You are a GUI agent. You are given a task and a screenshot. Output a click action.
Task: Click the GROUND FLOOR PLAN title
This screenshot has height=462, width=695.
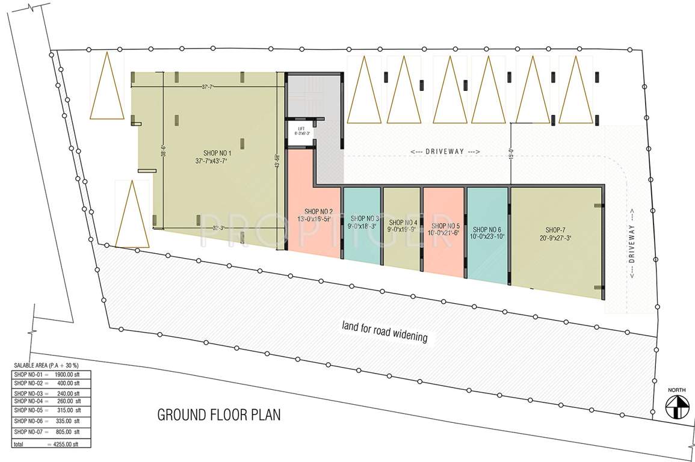pos(219,415)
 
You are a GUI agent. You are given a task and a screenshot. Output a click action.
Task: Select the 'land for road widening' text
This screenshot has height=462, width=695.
pos(385,331)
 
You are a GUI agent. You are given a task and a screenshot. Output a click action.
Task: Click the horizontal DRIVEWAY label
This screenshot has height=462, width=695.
pos(445,152)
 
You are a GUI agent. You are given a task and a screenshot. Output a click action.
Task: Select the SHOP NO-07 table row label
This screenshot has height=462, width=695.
pos(28,432)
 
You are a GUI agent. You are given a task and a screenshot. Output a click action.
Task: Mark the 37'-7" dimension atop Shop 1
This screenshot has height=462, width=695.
pos(208,87)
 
